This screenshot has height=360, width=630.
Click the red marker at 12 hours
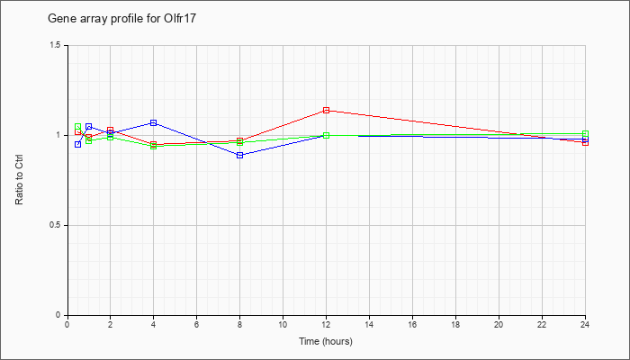pos(326,110)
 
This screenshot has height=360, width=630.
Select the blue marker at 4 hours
pos(154,122)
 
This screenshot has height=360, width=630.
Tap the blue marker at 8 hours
pos(240,155)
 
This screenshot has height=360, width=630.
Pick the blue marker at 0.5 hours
pos(78,144)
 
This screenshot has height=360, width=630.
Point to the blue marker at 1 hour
pos(89,127)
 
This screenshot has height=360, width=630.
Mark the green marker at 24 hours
pos(585,133)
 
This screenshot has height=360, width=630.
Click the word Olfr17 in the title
pos(181,19)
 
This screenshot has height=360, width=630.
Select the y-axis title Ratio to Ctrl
pos(19,180)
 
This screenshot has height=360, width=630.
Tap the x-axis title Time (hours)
pos(326,341)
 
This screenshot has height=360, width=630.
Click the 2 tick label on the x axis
pos(111,324)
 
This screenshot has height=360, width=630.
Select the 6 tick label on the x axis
pos(196,324)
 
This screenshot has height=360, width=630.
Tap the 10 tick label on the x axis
pos(283,324)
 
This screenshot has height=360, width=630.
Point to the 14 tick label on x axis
pos(369,324)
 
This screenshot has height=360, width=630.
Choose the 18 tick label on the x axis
pos(455,324)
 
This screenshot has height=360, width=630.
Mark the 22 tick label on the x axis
pos(542,324)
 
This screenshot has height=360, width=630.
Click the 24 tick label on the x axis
pos(585,324)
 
